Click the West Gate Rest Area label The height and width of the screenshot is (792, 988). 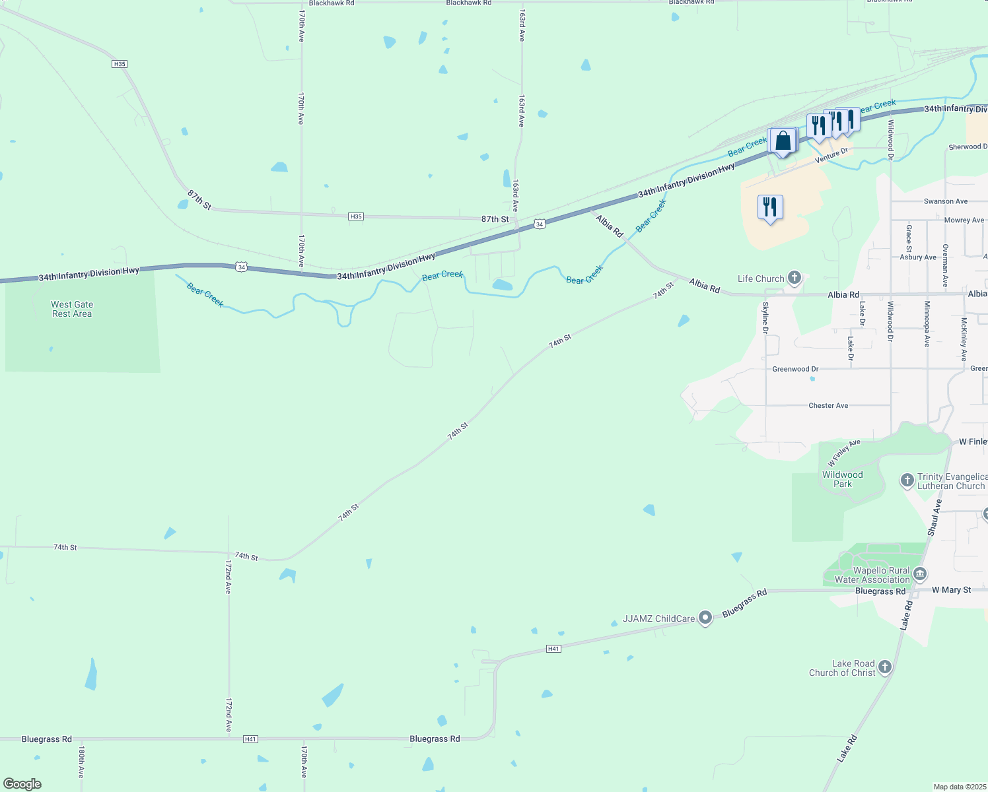pos(72,309)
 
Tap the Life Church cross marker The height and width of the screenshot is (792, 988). pos(794,278)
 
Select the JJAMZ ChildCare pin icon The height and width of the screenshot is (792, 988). pos(705,618)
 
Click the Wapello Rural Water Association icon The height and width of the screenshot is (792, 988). pos(920,574)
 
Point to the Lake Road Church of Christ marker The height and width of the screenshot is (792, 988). pos(885,667)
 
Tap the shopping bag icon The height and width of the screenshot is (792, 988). pos(783,141)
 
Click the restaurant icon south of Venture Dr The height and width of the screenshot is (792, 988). pos(770,207)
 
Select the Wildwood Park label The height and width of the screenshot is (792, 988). pos(842,479)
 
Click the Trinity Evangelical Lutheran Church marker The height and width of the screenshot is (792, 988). pos(907,480)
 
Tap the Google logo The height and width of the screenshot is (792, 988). pos(22,784)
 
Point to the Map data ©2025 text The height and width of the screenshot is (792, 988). pos(958,787)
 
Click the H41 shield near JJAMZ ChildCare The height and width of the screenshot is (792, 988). pos(553,649)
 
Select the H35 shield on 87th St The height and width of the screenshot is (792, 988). pos(356,216)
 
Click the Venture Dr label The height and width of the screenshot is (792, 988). pos(831,156)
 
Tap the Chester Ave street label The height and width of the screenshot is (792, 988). pos(828,405)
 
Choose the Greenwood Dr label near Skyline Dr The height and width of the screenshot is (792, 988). pos(795,369)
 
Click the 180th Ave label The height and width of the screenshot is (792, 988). pos(81,762)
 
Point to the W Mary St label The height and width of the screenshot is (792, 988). pos(951,590)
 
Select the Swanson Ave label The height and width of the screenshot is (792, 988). pos(946,201)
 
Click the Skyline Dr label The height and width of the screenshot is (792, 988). pos(765,317)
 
